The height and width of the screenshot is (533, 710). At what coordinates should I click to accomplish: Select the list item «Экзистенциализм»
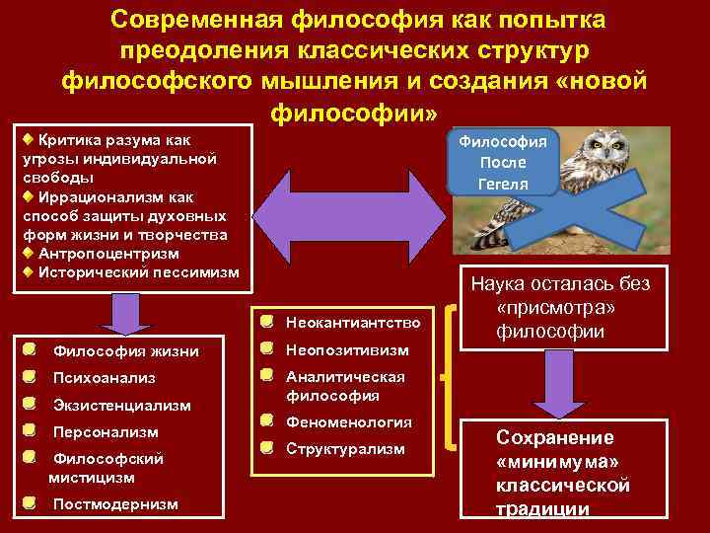tap(121, 406)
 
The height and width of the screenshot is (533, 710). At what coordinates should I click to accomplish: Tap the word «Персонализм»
tap(106, 432)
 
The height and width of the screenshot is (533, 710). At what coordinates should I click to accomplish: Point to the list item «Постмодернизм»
tap(115, 504)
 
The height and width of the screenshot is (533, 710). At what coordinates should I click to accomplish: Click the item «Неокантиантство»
tap(353, 322)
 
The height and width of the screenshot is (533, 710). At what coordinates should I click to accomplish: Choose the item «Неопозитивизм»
tap(345, 349)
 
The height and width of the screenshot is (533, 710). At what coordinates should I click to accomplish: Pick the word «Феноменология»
tap(349, 421)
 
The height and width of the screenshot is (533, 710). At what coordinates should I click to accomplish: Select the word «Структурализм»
tap(345, 449)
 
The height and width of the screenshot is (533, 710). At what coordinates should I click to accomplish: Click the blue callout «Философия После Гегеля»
tap(503, 162)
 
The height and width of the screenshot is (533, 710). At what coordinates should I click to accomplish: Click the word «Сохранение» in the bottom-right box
tap(554, 438)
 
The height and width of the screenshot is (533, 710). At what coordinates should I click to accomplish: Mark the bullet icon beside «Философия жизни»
tap(33, 349)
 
